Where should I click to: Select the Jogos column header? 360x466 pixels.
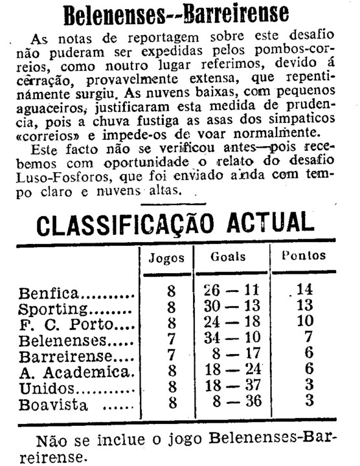point(166,258)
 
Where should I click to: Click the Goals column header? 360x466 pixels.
point(228,256)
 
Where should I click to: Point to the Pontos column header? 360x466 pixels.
point(304,256)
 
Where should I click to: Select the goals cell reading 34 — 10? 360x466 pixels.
point(230,338)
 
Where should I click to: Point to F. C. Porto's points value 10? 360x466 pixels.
point(304,322)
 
